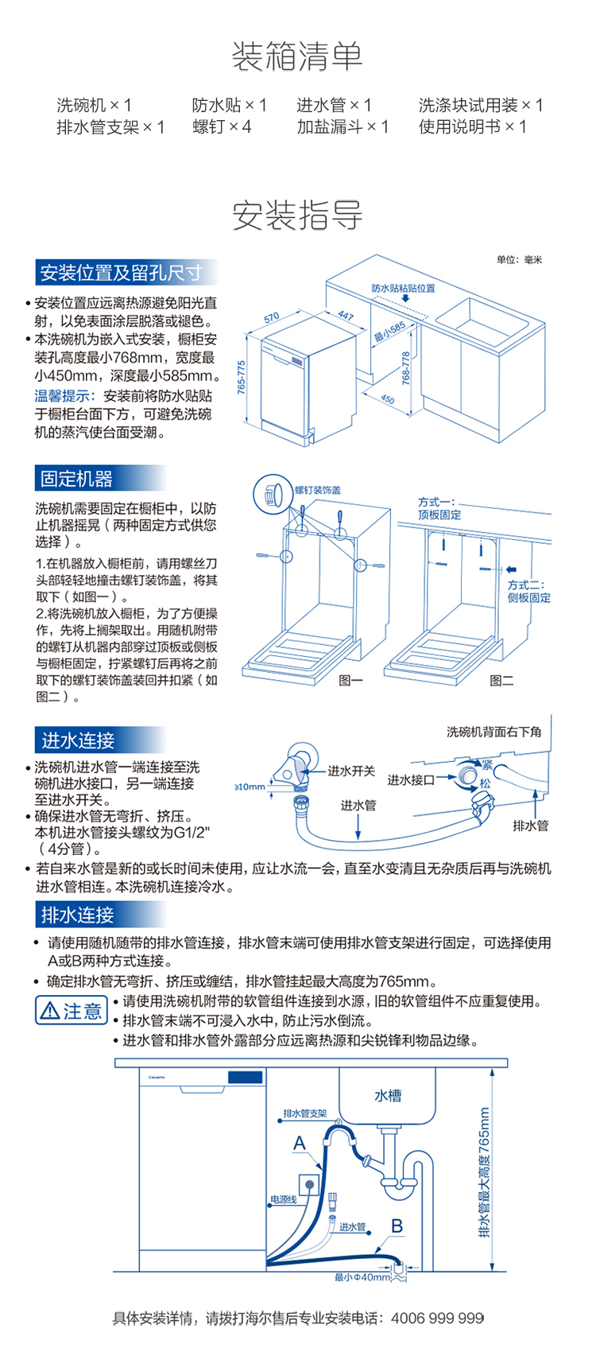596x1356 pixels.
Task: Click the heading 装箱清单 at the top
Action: click(x=297, y=56)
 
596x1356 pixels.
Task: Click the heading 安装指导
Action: click(x=297, y=216)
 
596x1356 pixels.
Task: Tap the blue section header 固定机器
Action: click(x=77, y=479)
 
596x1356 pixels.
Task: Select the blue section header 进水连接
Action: click(x=78, y=740)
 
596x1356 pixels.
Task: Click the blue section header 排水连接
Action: click(x=78, y=915)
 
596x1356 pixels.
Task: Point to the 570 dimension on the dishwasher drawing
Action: click(x=272, y=318)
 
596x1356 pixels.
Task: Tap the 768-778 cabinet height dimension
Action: click(x=406, y=369)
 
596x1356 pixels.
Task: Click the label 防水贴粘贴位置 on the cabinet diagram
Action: click(x=404, y=288)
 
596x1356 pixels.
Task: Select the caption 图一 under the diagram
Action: click(x=350, y=680)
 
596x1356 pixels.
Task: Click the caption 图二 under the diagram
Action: click(x=501, y=680)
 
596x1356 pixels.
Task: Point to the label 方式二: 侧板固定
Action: click(x=528, y=591)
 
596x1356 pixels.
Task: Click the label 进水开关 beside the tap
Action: click(x=351, y=771)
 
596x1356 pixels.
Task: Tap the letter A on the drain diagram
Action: click(x=300, y=1143)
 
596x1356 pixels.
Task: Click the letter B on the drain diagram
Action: click(x=397, y=1226)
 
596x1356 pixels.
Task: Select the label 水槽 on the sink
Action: click(x=388, y=1096)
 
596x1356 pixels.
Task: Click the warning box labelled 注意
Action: click(x=72, y=1011)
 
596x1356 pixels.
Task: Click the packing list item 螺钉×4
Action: click(x=222, y=126)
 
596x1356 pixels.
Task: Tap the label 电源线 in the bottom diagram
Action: click(x=283, y=1199)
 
